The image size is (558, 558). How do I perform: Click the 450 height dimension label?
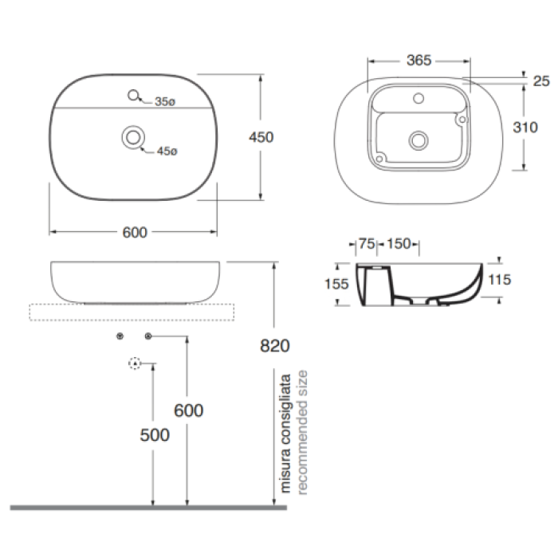(261, 137)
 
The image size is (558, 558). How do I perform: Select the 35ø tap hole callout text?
(165, 102)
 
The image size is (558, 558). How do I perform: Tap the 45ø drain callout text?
(167, 151)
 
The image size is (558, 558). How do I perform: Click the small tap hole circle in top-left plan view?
(133, 95)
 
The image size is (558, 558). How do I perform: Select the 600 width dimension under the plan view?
(135, 233)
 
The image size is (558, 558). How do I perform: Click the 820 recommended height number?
(275, 345)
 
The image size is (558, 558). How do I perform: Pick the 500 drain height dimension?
(155, 435)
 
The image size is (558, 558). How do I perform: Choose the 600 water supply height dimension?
(189, 411)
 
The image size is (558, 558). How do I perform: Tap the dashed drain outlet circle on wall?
(134, 363)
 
